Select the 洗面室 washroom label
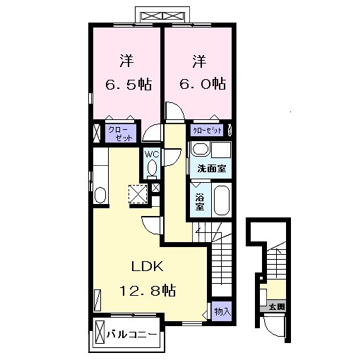tap(210, 169)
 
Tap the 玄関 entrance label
tap(276, 306)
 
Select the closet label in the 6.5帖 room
tap(117, 133)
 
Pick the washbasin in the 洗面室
tap(200, 150)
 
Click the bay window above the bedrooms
tap(163, 16)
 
